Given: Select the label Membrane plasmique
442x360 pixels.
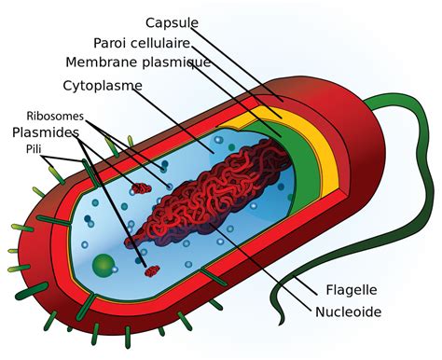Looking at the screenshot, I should click(x=138, y=62).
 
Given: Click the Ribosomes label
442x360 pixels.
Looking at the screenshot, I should click(x=55, y=116).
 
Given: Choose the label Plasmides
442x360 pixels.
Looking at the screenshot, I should click(x=46, y=132).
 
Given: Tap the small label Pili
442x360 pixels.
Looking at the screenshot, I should click(x=34, y=148).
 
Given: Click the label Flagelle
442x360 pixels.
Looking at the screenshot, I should click(x=351, y=289).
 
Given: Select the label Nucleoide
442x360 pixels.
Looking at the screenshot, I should click(x=348, y=312).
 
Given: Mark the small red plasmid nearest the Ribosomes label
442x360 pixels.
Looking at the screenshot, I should click(x=141, y=188).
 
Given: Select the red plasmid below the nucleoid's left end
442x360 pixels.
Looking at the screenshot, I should click(x=151, y=271).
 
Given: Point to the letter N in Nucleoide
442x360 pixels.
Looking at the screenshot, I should click(x=321, y=312).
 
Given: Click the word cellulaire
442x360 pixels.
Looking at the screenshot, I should click(x=166, y=43).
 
